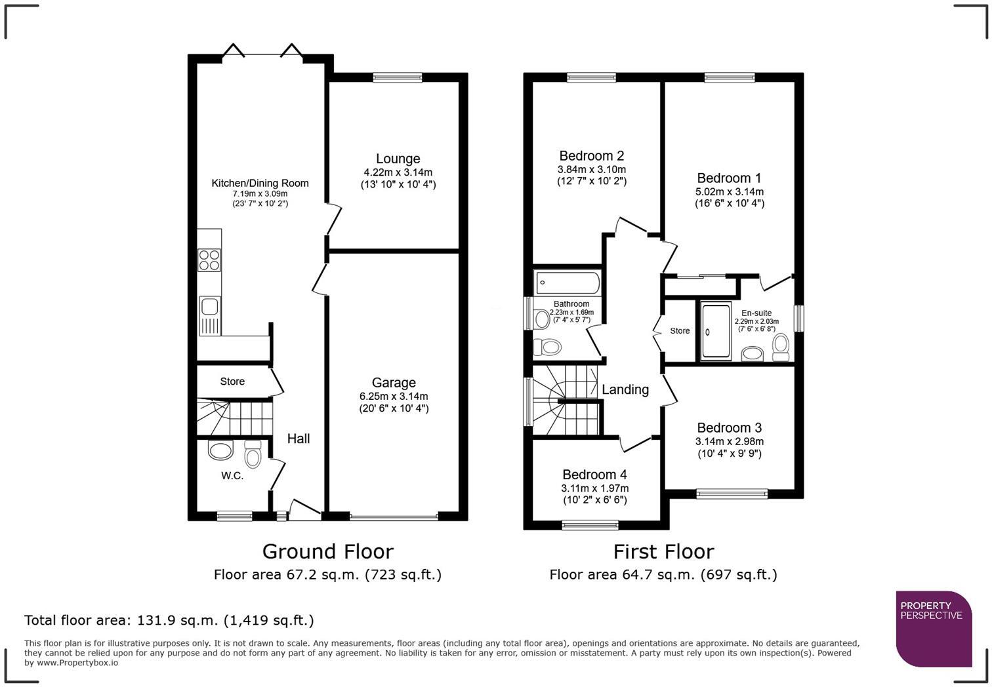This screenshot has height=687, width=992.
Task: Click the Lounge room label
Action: point(398,159)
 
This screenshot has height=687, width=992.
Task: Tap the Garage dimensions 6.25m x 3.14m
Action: point(394,396)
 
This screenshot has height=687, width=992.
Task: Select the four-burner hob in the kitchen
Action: point(209,260)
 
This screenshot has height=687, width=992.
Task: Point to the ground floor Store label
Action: point(232,382)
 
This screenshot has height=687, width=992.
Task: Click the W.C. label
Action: point(232,476)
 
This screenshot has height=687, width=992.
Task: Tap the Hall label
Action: point(299,439)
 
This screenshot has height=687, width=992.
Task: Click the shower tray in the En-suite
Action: point(716,332)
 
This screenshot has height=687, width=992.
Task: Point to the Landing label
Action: point(625,389)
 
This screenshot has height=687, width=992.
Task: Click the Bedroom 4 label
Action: point(594,475)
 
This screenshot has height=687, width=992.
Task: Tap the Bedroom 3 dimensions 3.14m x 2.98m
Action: point(730,441)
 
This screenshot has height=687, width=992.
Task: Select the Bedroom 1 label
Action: point(729,178)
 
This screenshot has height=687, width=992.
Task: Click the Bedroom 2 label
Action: point(592,156)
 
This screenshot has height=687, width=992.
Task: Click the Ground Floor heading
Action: point(327,551)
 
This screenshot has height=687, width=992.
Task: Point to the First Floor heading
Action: point(663,551)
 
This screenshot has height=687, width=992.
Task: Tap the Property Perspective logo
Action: point(933,628)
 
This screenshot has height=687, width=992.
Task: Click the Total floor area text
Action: point(169,620)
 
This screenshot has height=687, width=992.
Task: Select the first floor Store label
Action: point(680,331)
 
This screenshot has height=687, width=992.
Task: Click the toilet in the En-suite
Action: point(781,347)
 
